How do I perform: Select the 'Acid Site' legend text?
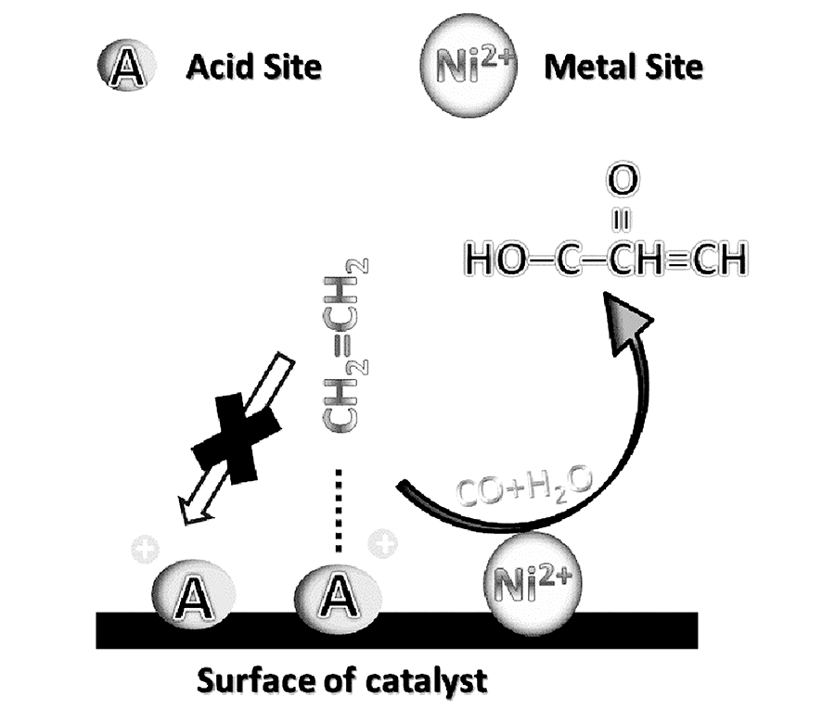(253, 67)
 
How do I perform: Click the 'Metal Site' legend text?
(623, 67)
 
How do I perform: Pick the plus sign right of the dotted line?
(380, 543)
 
